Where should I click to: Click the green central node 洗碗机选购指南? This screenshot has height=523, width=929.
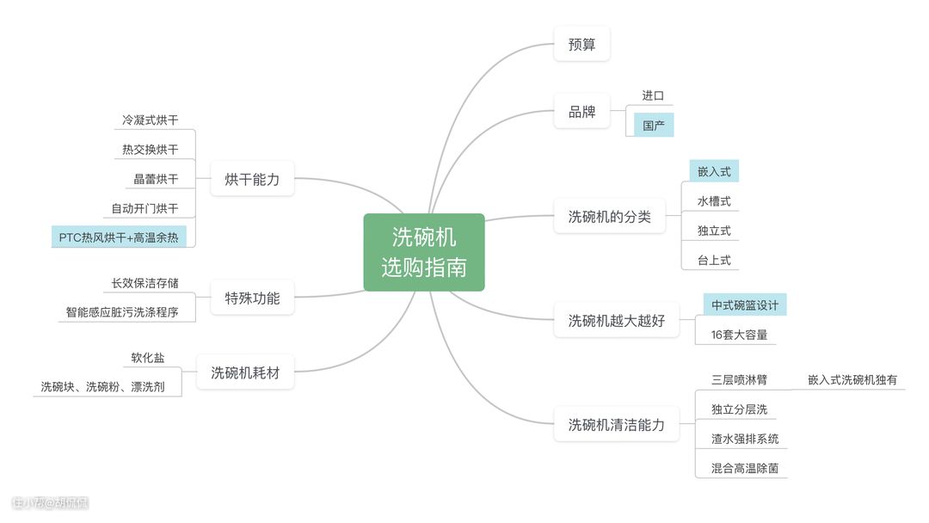[424, 252]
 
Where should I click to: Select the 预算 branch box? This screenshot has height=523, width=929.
[581, 44]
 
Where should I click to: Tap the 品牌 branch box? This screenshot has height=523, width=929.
[581, 111]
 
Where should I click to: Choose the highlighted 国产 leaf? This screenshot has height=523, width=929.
[654, 126]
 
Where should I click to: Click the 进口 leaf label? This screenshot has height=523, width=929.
[653, 95]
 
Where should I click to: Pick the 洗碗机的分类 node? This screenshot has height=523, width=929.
[609, 217]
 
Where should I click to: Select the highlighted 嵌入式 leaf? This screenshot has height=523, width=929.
[714, 172]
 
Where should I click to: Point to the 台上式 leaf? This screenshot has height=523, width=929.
[714, 260]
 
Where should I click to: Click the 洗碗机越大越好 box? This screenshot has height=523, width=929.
[616, 321]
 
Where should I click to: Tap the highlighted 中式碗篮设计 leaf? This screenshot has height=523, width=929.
[744, 305]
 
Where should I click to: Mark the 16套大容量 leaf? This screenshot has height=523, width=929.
[739, 335]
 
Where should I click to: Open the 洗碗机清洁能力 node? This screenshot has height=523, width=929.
[616, 424]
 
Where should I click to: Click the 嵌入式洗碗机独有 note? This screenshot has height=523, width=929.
[852, 379]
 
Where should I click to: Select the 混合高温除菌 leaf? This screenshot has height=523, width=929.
[744, 468]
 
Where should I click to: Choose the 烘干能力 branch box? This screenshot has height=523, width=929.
[252, 179]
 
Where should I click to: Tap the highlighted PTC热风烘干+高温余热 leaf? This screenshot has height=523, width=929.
[119, 237]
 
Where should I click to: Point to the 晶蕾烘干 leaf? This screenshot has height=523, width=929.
[156, 179]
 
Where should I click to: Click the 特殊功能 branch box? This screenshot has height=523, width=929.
[252, 298]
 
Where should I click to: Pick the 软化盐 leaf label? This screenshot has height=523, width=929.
[148, 358]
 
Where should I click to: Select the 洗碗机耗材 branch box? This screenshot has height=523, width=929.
[245, 373]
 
